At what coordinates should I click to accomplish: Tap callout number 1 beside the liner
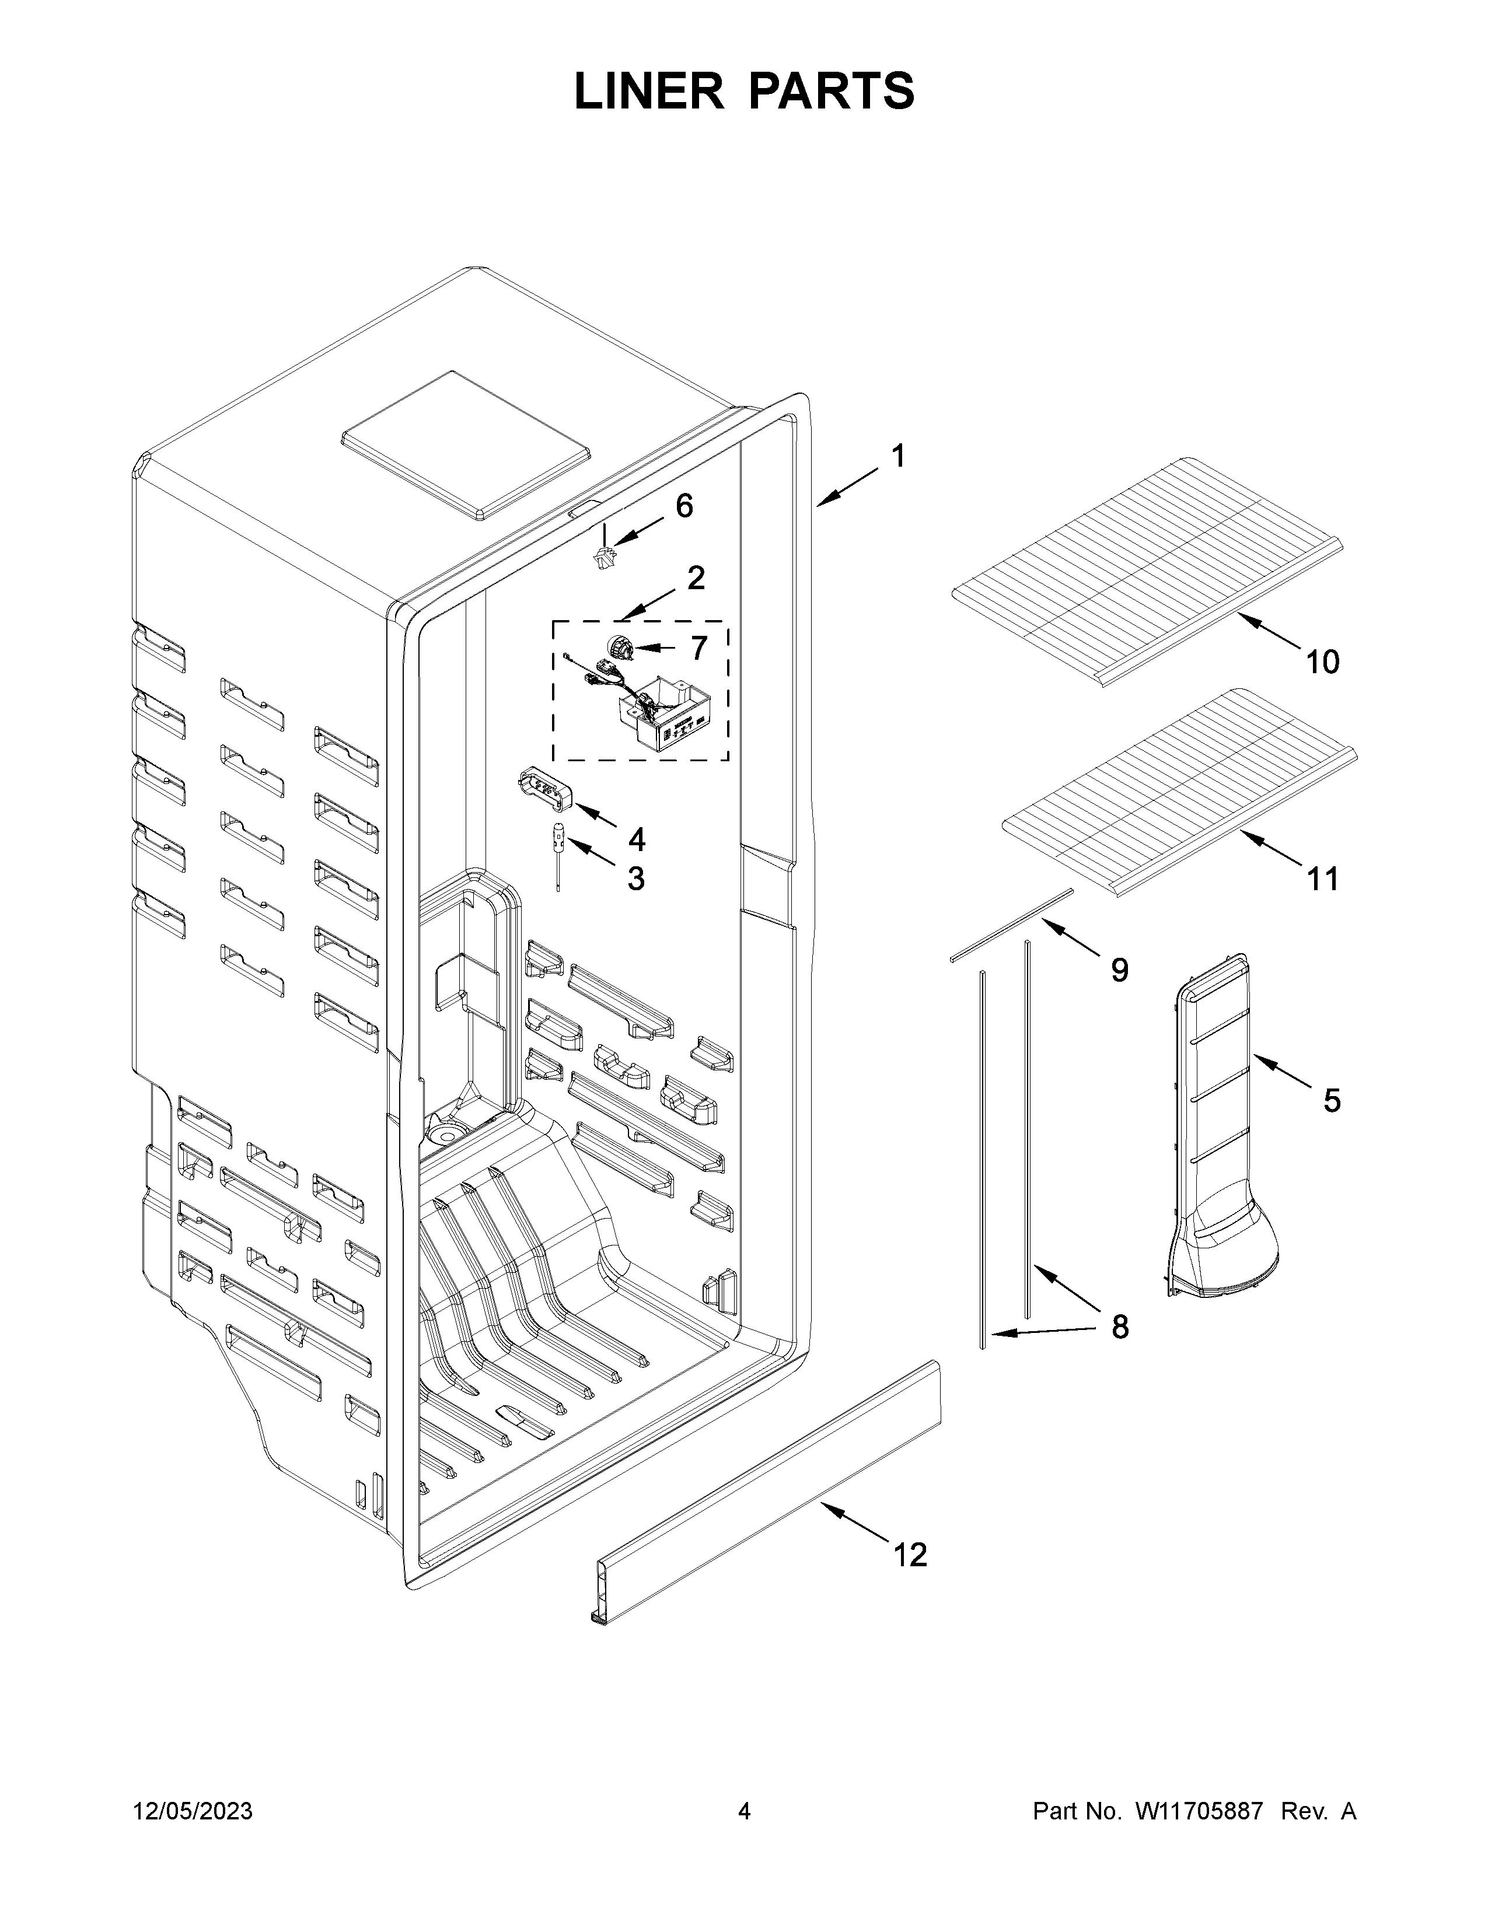coord(897,457)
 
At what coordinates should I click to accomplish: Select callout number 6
coord(684,506)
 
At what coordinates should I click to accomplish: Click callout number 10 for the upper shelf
coord(1322,661)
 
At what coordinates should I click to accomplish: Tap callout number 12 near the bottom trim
coord(911,1555)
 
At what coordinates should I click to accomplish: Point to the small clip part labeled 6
coord(605,557)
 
